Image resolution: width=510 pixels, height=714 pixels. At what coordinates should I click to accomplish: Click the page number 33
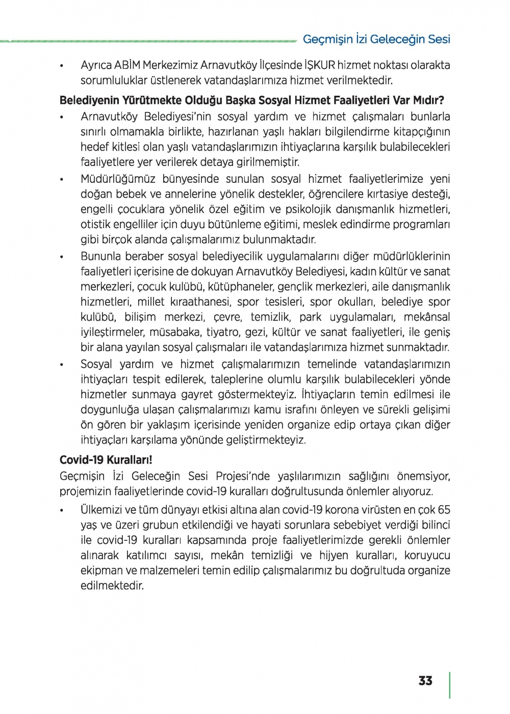(x=425, y=681)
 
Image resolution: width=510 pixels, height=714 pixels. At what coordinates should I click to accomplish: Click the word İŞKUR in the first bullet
(x=319, y=65)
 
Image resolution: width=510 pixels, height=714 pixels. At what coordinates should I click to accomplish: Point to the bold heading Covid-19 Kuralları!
(x=106, y=460)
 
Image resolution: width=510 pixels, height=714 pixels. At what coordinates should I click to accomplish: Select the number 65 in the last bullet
(x=444, y=510)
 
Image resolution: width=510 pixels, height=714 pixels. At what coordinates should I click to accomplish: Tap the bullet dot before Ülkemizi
(x=62, y=510)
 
